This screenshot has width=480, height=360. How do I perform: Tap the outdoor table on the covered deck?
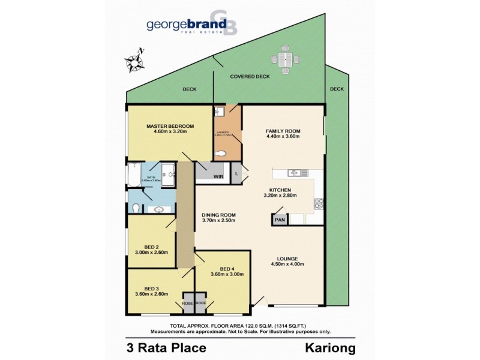coord(285,59)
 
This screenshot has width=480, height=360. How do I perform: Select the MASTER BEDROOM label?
coord(171,126)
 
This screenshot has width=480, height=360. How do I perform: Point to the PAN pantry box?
coord(280,220)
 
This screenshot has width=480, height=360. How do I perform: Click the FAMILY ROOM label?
coord(283,131)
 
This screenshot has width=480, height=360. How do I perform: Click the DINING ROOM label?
coord(218,215)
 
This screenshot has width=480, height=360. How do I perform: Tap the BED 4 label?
coord(227,268)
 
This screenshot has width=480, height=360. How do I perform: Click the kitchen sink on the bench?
coord(295,173)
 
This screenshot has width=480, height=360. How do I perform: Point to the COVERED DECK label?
coord(250,77)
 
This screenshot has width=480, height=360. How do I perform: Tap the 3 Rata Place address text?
coord(166,348)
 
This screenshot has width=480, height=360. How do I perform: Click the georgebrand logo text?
coord(186,25)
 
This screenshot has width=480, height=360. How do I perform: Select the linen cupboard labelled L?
coord(237,173)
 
